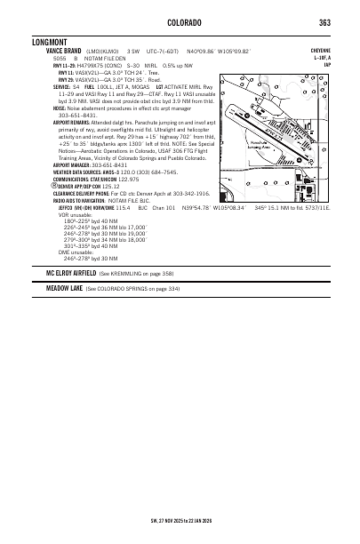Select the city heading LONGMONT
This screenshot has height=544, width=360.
pyautogui.click(x=50, y=41)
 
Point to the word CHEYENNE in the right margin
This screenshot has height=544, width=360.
pyautogui.click(x=317, y=52)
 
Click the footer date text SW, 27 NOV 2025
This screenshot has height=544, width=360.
pyautogui.click(x=279, y=517)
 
